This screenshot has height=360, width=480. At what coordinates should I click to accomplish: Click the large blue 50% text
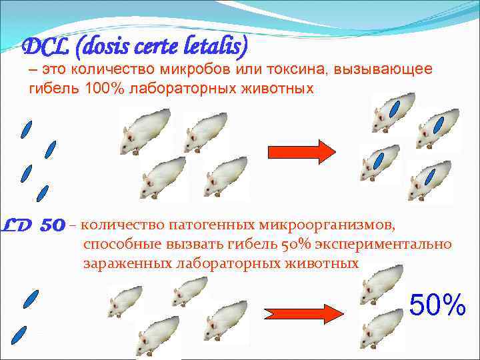click(437, 305)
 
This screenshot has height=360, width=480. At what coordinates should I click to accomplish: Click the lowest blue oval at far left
click(20, 333)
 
